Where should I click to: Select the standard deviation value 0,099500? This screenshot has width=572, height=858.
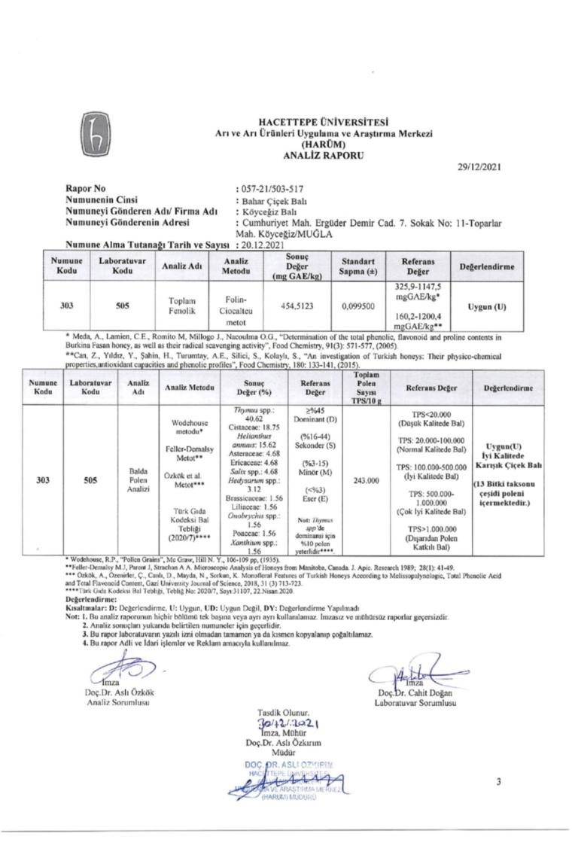pos(356,307)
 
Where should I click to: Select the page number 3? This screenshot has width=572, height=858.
pos(497,782)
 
